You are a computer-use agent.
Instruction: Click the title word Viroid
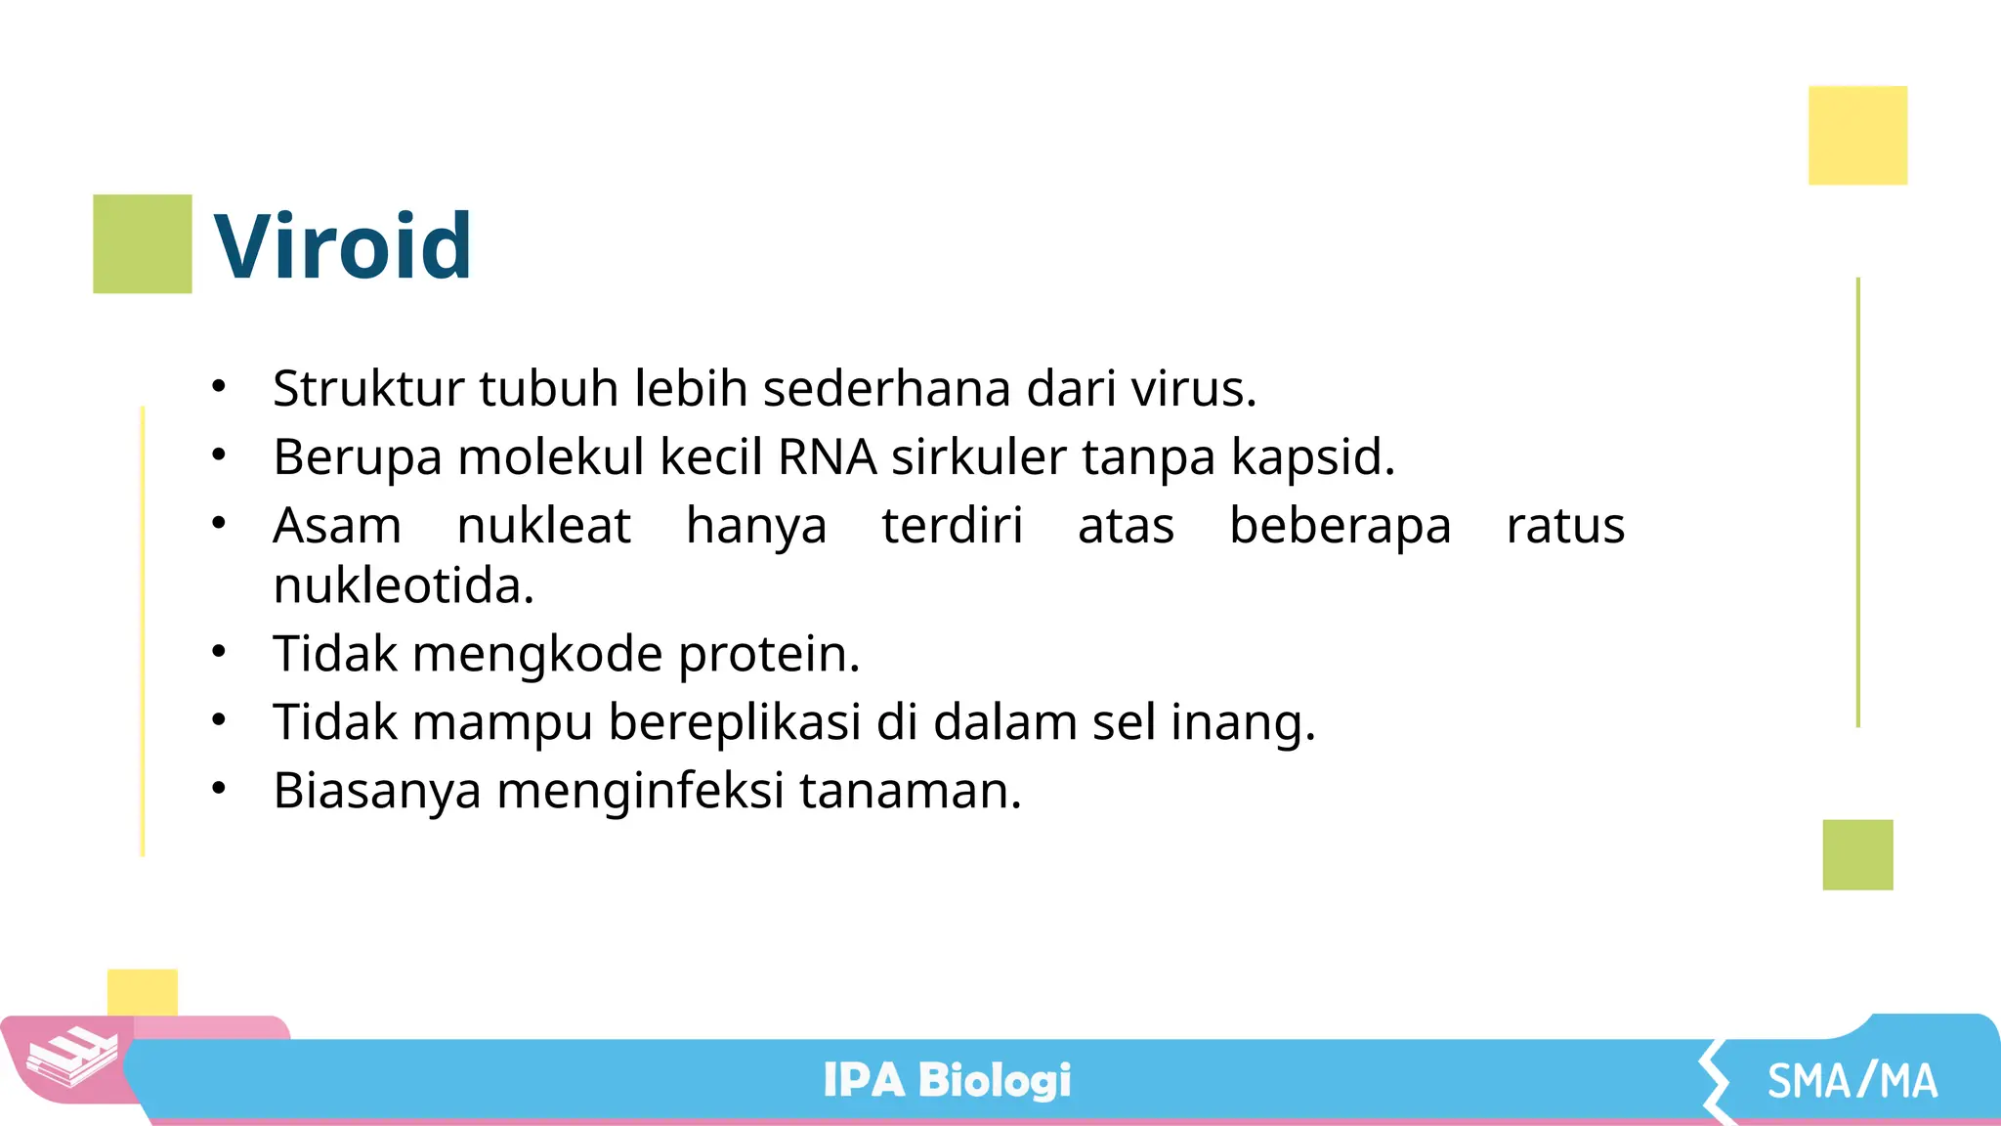pyautogui.click(x=342, y=246)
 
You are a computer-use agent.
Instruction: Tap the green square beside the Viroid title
pyautogui.click(x=143, y=244)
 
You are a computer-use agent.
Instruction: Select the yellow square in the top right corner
pyautogui.click(x=1857, y=136)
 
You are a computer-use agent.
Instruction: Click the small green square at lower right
pyautogui.click(x=1857, y=854)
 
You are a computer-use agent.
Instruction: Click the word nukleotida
pyautogui.click(x=403, y=586)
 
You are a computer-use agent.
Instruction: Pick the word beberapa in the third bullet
pyautogui.click(x=1340, y=527)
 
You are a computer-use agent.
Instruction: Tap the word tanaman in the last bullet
pyautogui.click(x=910, y=791)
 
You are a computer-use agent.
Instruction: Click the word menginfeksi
pyautogui.click(x=640, y=791)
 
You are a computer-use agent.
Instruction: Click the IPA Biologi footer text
pyautogui.click(x=947, y=1080)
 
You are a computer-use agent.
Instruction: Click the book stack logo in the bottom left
pyautogui.click(x=71, y=1057)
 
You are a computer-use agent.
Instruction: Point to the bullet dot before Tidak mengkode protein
pyautogui.click(x=219, y=651)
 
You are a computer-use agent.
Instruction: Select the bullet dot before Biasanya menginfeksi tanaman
pyautogui.click(x=219, y=788)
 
